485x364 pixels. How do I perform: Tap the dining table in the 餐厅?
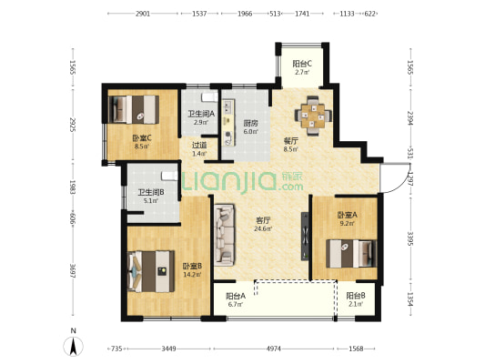[313, 116]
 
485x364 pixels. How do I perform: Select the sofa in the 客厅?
[224, 235]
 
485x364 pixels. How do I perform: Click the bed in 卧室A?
[351, 254]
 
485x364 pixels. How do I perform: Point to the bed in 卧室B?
[151, 271]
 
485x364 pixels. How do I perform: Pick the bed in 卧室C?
[134, 109]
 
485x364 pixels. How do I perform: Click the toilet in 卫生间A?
[209, 97]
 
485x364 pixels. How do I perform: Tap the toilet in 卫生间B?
[170, 176]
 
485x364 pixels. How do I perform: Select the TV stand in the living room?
[305, 236]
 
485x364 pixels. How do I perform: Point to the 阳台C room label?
[302, 64]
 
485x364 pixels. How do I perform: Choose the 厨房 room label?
[250, 124]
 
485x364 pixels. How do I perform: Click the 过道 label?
[199, 145]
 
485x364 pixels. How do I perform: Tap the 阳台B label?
[356, 296]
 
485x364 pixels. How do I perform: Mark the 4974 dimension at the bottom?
[274, 349]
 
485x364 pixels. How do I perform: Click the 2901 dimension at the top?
[143, 14]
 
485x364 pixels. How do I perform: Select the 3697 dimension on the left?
[73, 271]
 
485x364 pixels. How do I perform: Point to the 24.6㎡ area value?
[263, 229]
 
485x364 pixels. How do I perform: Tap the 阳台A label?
[236, 296]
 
